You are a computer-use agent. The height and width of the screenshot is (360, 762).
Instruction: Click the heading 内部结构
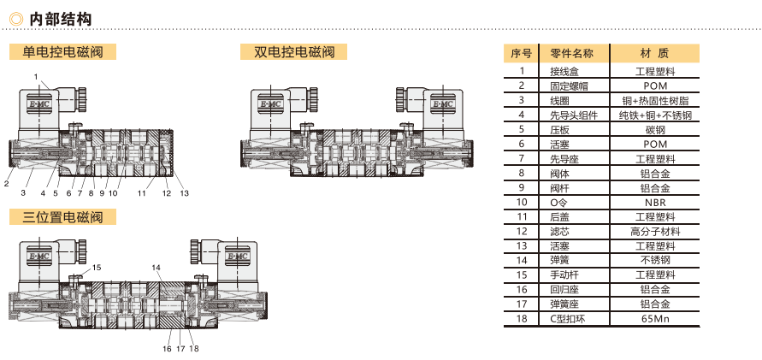(60, 20)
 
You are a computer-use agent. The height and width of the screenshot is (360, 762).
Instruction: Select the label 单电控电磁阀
(62, 51)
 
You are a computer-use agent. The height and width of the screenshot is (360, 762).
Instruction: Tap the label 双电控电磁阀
(294, 51)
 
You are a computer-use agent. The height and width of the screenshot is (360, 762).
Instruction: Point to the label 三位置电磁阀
(62, 216)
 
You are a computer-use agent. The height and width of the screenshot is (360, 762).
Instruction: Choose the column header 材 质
(655, 53)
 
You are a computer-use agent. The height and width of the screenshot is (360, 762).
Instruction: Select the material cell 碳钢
(655, 130)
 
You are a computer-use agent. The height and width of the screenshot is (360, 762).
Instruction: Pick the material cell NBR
(655, 202)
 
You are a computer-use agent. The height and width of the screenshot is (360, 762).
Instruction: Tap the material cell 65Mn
(655, 319)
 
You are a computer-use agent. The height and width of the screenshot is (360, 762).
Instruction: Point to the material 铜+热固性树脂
(655, 101)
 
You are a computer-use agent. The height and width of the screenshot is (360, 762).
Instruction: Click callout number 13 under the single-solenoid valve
(184, 193)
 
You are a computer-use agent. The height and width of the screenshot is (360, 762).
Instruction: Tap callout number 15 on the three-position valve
(97, 267)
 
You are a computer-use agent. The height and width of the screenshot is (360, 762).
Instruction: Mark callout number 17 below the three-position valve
(180, 348)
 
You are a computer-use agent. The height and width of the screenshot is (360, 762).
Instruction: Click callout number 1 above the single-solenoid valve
(36, 76)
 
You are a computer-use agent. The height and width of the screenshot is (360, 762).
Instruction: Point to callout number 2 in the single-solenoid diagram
(6, 183)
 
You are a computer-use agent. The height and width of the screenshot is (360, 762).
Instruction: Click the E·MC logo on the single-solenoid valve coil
(39, 105)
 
